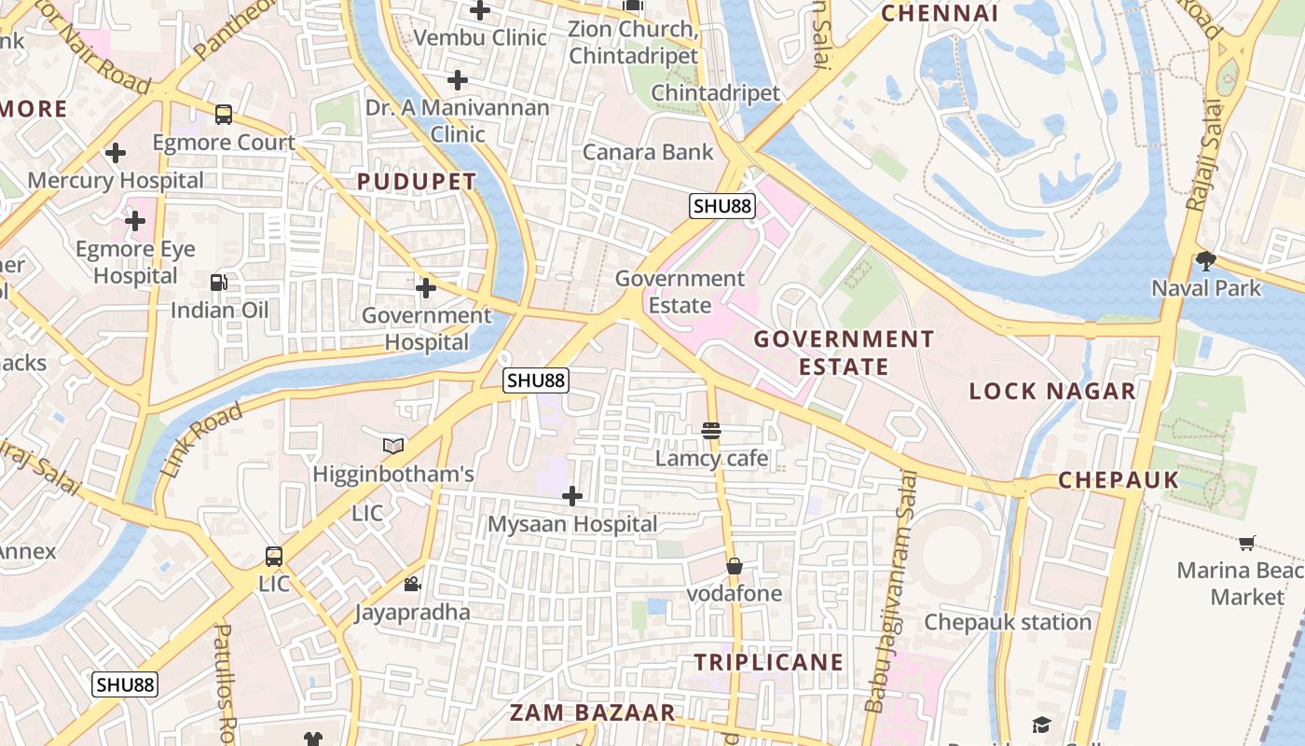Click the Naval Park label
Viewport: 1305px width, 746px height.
tap(1206, 288)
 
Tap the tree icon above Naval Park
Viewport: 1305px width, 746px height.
tap(1206, 261)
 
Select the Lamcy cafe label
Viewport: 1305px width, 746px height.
tap(712, 458)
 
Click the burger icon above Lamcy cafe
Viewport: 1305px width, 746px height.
tap(711, 430)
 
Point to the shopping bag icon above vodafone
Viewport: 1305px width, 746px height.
tap(735, 566)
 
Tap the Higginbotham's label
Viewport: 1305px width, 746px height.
tap(393, 474)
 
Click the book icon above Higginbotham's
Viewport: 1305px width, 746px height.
tap(393, 447)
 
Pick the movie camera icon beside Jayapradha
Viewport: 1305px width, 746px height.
tap(412, 585)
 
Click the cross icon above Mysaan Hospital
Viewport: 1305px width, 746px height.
tap(572, 496)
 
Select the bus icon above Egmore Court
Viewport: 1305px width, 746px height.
tap(224, 115)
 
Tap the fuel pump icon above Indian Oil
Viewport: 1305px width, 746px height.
tap(219, 282)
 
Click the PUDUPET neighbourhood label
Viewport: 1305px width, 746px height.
tap(417, 182)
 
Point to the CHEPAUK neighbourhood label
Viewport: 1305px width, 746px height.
tap(1119, 480)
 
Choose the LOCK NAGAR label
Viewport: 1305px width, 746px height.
tap(1052, 391)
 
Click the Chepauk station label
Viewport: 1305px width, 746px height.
tap(1008, 622)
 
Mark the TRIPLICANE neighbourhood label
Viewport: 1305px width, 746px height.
tap(769, 663)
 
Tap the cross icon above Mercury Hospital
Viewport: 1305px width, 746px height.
tap(116, 152)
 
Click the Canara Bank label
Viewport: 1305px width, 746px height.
tap(648, 152)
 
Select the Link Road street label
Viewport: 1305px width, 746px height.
tap(201, 439)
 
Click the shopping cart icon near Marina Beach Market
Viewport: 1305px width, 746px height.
tap(1246, 543)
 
